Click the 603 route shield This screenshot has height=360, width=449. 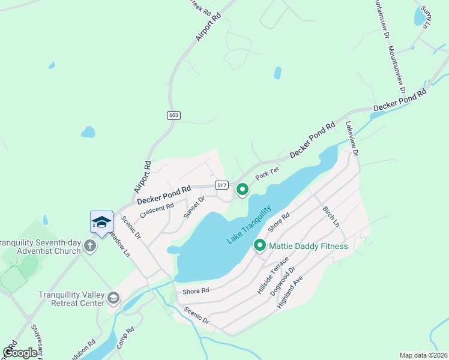coord(174,115)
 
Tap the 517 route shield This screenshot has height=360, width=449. coord(222,185)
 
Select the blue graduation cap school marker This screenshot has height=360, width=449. coord(101,223)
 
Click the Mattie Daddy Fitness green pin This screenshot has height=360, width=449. coord(260,245)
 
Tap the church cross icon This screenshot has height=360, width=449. coord(89,245)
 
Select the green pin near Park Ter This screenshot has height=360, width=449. coord(242,190)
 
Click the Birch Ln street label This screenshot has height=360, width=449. coord(331,216)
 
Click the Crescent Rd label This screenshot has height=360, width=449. coord(157,209)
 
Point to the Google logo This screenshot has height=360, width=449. coord(20,353)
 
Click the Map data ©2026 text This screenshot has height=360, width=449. coord(423,355)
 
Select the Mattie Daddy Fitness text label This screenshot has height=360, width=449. coord(308,245)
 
